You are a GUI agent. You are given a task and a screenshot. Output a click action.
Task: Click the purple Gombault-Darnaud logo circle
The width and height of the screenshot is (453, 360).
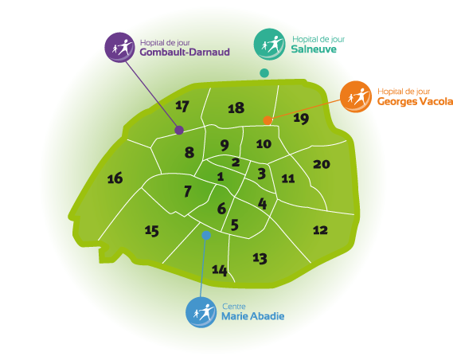coord(119,47)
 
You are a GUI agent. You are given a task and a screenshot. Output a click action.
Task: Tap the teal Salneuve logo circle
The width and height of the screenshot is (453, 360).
coord(269,44)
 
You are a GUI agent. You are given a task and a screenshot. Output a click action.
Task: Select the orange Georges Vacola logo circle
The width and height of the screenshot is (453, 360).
coord(356,96)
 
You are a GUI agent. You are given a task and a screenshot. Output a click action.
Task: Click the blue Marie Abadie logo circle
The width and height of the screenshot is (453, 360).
coord(201,312)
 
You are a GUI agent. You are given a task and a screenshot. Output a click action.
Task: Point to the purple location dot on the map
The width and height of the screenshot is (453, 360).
coord(179,130)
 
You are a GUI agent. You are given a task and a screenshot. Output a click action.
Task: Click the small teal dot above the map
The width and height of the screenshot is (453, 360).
coord(264,73)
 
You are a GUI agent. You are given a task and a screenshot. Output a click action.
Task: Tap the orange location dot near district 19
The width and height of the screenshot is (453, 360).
coord(268,120)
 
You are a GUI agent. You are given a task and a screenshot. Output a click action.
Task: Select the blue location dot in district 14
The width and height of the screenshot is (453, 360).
coord(206,235)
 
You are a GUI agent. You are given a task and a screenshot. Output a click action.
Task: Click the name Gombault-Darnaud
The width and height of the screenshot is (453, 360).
coord(185,52)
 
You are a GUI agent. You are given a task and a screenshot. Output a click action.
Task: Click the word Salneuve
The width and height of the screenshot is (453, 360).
coord(314,49)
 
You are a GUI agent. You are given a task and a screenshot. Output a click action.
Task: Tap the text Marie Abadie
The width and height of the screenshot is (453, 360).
coord(253,316)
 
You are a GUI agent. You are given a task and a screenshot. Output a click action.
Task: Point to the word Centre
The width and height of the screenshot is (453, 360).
coord(234,307)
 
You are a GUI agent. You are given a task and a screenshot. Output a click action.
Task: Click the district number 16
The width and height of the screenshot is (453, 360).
coord(115,178)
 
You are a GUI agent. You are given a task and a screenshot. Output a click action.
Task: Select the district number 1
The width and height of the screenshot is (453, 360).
coord(221,176)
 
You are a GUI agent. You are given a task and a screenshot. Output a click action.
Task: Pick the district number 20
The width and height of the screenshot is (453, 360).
coord(322,164)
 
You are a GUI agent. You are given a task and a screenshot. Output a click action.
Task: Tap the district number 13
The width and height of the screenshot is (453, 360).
coord(260,258)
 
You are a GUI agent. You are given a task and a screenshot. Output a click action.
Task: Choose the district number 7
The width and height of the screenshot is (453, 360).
coord(188,191)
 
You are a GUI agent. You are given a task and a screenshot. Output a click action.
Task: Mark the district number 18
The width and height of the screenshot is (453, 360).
coord(236,108)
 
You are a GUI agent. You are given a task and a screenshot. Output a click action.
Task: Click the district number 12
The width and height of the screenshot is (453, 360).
coord(320,230)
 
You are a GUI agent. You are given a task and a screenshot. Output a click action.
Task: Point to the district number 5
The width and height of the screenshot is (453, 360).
coord(235,225)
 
